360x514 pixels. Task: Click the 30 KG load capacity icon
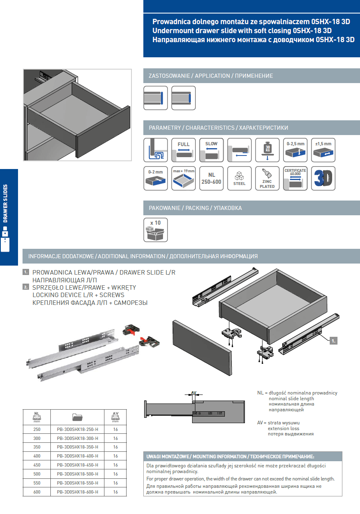pos(267,150)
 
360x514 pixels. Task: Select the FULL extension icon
pos(183,150)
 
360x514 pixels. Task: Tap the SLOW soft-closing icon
pos(211,150)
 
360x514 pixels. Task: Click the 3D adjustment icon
pos(323,178)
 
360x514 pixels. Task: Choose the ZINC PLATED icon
pos(267,178)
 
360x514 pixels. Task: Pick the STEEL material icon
pos(239,178)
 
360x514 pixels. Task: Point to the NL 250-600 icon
pos(211,178)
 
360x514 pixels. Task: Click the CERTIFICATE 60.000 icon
pos(295,178)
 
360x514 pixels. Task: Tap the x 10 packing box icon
pos(156,230)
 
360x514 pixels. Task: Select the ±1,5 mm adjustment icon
pos(323,150)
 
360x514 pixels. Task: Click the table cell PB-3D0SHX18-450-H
pos(77,465)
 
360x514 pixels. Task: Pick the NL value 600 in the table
pos(37,492)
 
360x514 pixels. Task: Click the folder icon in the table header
pos(77,417)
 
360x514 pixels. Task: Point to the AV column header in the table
pos(115,417)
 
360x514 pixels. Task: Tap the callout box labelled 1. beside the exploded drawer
pos(333,341)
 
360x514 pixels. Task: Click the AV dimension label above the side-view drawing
pos(194,392)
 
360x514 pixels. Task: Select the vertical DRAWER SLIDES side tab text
pos(5,203)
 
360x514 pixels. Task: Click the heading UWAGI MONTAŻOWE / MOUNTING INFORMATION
pos(196,456)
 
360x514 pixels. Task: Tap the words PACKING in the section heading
pos(197,208)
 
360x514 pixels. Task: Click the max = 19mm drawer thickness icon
pos(183,178)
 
